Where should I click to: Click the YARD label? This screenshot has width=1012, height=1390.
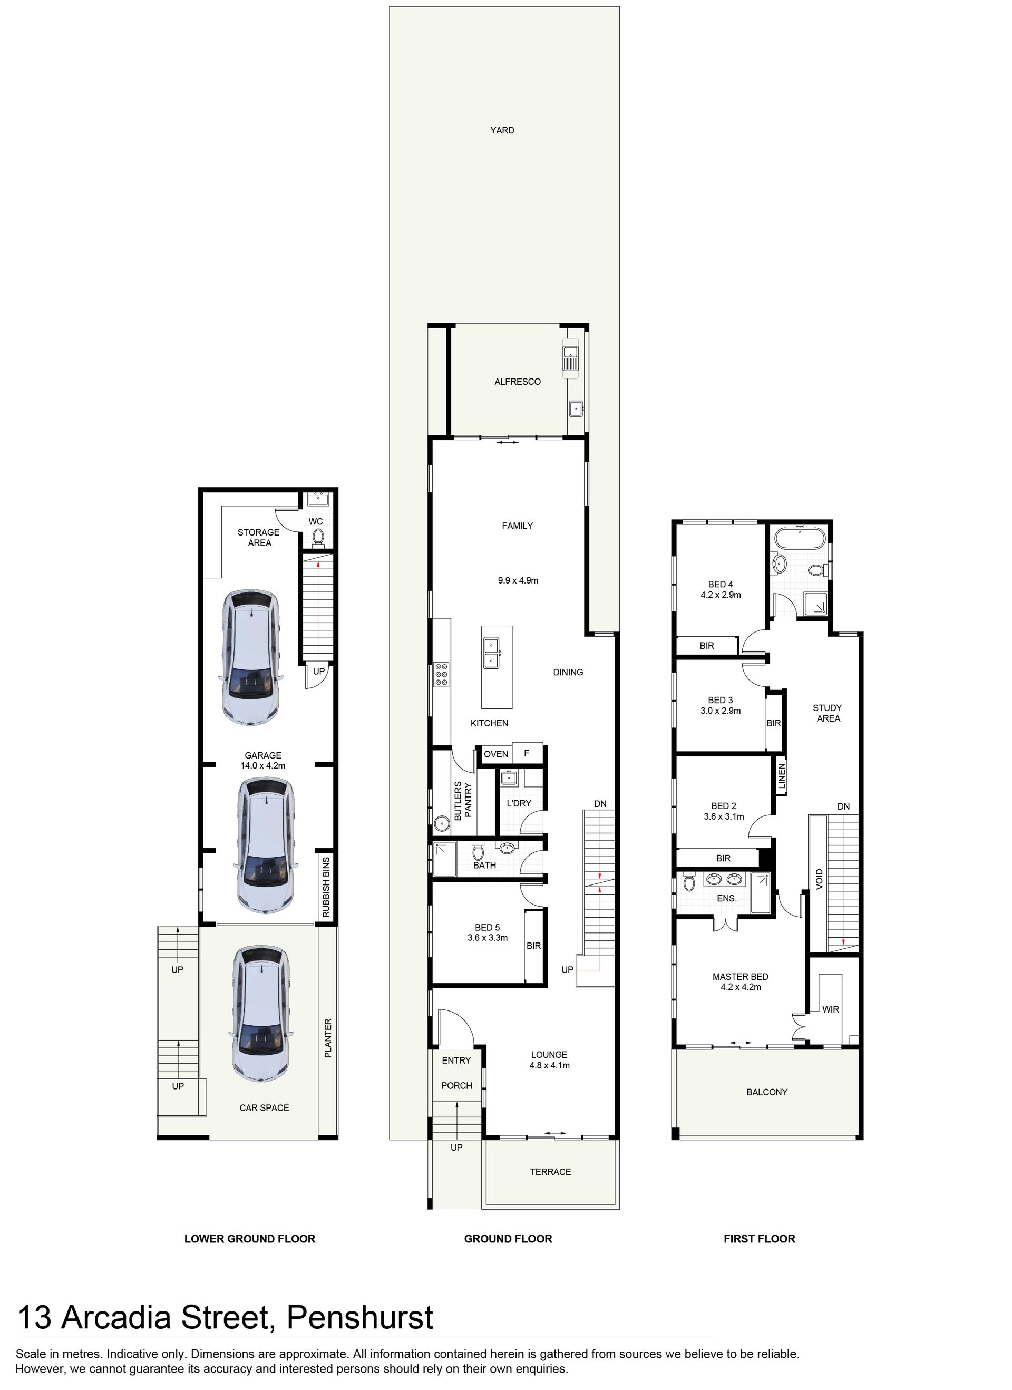502,130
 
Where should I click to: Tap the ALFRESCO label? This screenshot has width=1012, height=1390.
518,381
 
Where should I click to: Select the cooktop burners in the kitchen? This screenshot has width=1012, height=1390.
441,674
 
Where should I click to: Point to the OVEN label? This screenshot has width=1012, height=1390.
496,754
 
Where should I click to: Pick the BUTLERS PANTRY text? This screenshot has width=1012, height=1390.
463,800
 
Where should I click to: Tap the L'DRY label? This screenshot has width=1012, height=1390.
519,803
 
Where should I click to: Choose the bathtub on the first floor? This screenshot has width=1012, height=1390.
799,539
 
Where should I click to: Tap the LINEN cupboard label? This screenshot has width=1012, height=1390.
782,776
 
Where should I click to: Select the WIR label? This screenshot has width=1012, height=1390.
831,1009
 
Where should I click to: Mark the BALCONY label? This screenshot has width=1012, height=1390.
767,1092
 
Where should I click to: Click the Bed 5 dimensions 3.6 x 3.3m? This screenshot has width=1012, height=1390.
488,938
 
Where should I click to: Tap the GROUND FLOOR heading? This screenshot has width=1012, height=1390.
508,1239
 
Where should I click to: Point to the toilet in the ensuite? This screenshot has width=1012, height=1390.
688,883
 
